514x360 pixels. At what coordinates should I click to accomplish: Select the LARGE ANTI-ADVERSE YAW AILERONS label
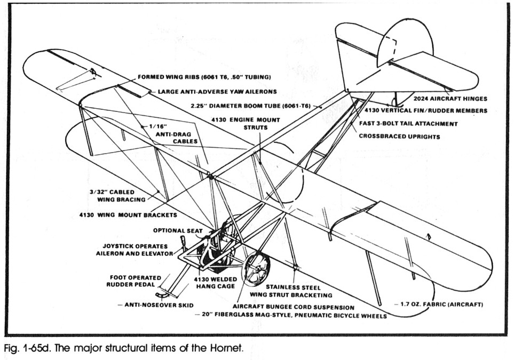pyautogui.click(x=219, y=91)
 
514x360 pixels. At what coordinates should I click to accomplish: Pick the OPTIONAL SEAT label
pyautogui.click(x=178, y=231)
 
